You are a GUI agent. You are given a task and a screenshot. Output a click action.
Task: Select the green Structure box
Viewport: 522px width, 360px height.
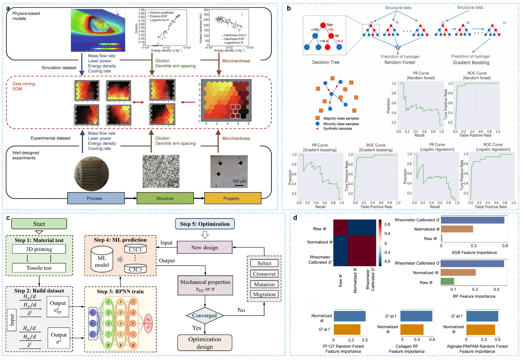165,198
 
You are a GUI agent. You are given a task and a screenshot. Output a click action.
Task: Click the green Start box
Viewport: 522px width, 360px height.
39,224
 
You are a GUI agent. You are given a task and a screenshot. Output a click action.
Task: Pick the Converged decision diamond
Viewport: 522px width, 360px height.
204,316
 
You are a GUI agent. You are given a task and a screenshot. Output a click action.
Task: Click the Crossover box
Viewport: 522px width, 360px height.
264,274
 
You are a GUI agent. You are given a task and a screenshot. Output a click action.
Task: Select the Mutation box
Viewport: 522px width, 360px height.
264,284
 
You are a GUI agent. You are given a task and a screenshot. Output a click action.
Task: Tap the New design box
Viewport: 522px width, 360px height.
205,248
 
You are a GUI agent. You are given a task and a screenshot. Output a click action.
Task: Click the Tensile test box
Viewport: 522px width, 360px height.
39,268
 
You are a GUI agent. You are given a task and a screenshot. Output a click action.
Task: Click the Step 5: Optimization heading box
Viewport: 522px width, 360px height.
205,224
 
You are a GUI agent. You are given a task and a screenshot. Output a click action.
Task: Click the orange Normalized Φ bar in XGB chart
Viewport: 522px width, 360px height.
457,229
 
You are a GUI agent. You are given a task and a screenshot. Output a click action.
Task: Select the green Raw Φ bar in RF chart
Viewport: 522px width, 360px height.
447,281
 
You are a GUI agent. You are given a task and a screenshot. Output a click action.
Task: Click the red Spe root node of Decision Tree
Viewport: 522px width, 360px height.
323,25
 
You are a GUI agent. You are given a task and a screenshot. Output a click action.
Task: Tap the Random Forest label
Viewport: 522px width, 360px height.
399,62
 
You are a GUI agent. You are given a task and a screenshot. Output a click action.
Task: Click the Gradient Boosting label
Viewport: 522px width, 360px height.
471,63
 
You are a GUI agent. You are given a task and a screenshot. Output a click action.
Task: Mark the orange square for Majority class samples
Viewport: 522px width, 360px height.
317,118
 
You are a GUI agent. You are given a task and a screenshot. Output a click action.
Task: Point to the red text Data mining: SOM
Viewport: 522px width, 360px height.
24,86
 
